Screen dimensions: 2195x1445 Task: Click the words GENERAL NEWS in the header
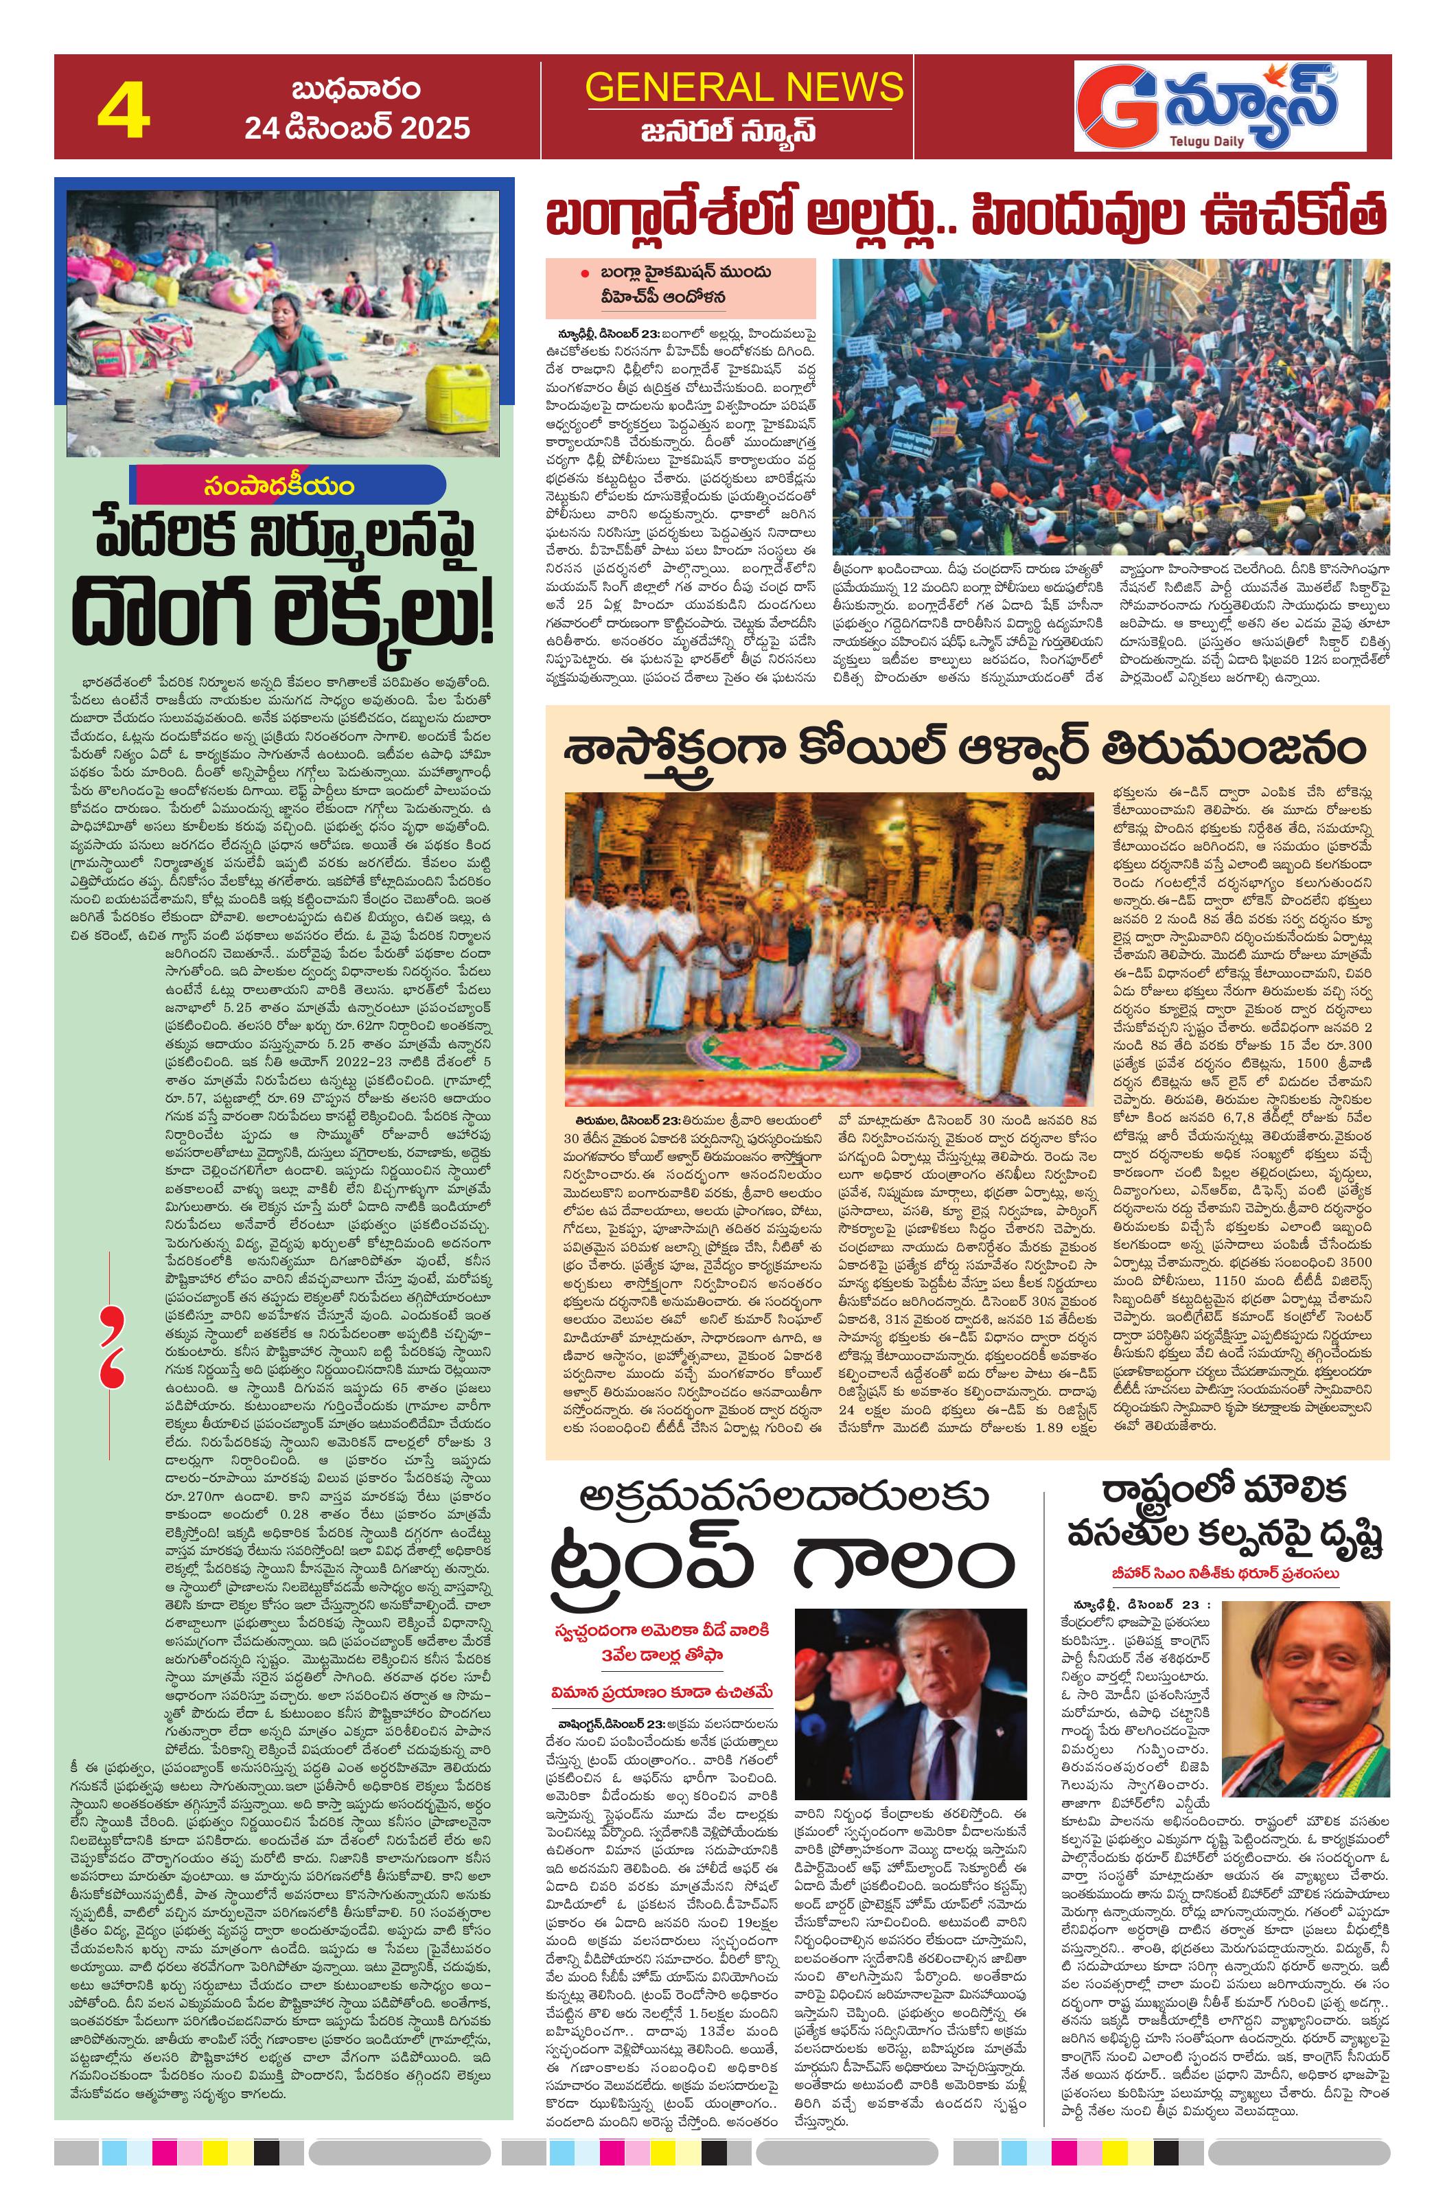coord(743,88)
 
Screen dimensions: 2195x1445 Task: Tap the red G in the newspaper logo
coord(1115,109)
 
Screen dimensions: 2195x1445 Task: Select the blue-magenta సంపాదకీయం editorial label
coord(290,485)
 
